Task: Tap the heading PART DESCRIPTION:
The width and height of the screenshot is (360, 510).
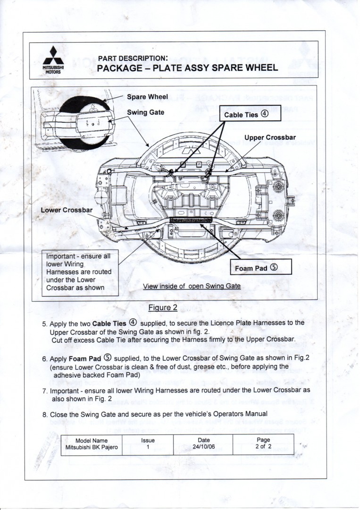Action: (133, 58)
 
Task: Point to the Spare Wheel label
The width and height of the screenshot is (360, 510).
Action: (148, 97)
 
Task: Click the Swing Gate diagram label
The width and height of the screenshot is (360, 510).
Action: (146, 113)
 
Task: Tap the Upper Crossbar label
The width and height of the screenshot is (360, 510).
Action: (270, 137)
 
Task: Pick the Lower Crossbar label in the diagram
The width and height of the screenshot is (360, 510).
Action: (67, 210)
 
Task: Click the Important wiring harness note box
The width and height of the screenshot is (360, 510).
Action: (80, 272)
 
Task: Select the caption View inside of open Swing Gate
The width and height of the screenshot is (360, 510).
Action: (192, 286)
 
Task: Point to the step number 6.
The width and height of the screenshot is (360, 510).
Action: (44, 358)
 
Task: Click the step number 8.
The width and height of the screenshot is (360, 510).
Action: (44, 414)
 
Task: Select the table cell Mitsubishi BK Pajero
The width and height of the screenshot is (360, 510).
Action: (92, 447)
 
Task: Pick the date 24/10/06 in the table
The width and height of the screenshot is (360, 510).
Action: (204, 447)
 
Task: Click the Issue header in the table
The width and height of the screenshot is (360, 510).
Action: (148, 440)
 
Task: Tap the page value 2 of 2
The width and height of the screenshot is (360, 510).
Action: (263, 447)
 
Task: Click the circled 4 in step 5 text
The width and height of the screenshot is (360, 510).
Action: (133, 323)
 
